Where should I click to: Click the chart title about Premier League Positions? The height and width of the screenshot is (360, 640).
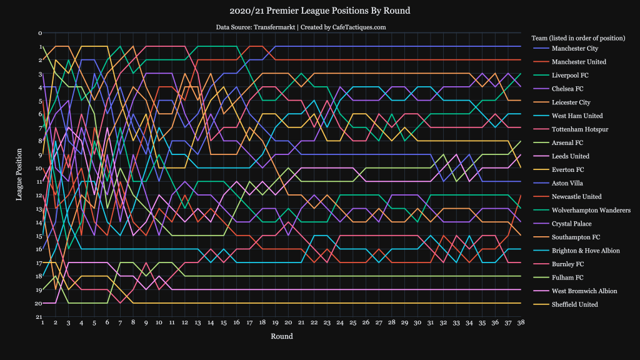(320, 11)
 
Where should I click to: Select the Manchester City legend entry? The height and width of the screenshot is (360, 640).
(574, 48)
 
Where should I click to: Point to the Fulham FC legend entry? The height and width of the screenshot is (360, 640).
(566, 277)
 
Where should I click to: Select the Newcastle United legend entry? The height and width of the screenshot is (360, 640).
(575, 197)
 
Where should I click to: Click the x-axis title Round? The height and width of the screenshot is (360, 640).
(281, 336)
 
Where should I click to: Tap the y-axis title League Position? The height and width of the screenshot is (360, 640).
(19, 175)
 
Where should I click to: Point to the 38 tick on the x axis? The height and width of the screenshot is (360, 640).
(520, 322)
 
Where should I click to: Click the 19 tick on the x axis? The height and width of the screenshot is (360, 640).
(275, 322)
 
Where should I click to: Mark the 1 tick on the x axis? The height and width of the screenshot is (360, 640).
(42, 322)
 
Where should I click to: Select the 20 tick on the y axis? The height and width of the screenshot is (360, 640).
(39, 304)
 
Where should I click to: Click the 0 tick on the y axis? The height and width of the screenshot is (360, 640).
(39, 33)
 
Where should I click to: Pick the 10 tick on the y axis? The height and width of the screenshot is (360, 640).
(39, 168)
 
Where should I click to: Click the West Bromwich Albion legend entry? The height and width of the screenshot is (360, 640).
(582, 291)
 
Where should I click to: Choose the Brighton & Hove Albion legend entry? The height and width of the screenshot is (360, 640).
(584, 251)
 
